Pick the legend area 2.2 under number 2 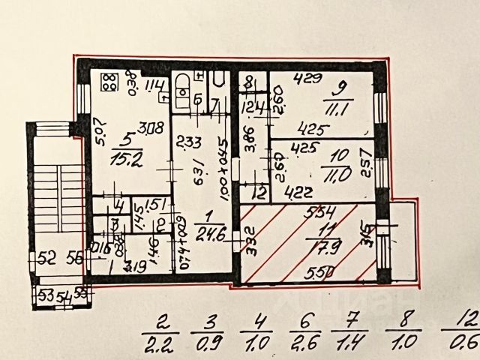click(x=161, y=347)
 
